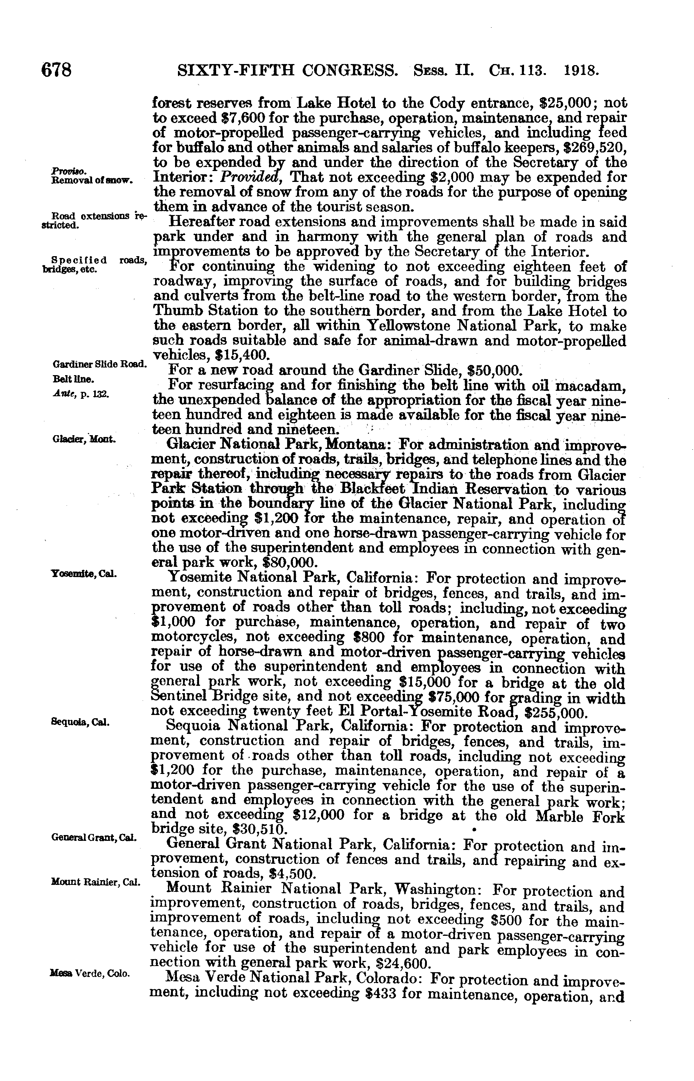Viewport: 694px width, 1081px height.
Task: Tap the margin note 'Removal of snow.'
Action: click(91, 180)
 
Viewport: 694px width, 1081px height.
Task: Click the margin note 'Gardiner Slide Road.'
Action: click(99, 363)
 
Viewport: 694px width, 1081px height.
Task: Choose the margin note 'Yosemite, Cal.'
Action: click(84, 574)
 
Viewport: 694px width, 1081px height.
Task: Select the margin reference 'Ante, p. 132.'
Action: click(80, 394)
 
